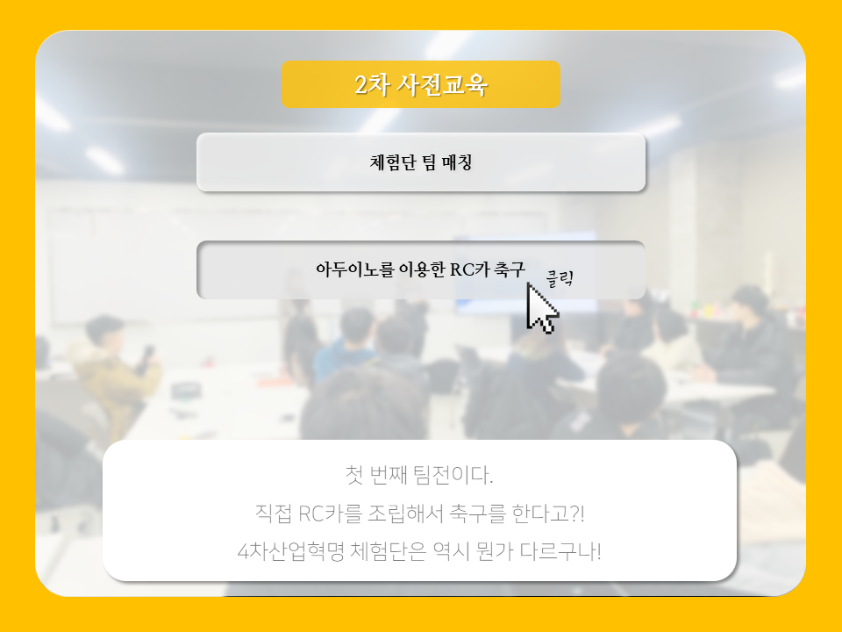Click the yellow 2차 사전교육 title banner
pyautogui.click(x=420, y=84)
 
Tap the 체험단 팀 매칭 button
pyautogui.click(x=420, y=162)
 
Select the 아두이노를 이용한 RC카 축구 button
pyautogui.click(x=420, y=269)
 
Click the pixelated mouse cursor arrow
pyautogui.click(x=541, y=308)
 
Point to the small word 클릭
pyautogui.click(x=560, y=278)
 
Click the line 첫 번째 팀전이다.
pyautogui.click(x=419, y=475)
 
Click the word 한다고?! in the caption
pyautogui.click(x=548, y=513)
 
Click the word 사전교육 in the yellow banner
pyautogui.click(x=442, y=84)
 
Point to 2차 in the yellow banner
pyautogui.click(x=372, y=85)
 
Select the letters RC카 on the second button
pyautogui.click(x=469, y=269)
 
